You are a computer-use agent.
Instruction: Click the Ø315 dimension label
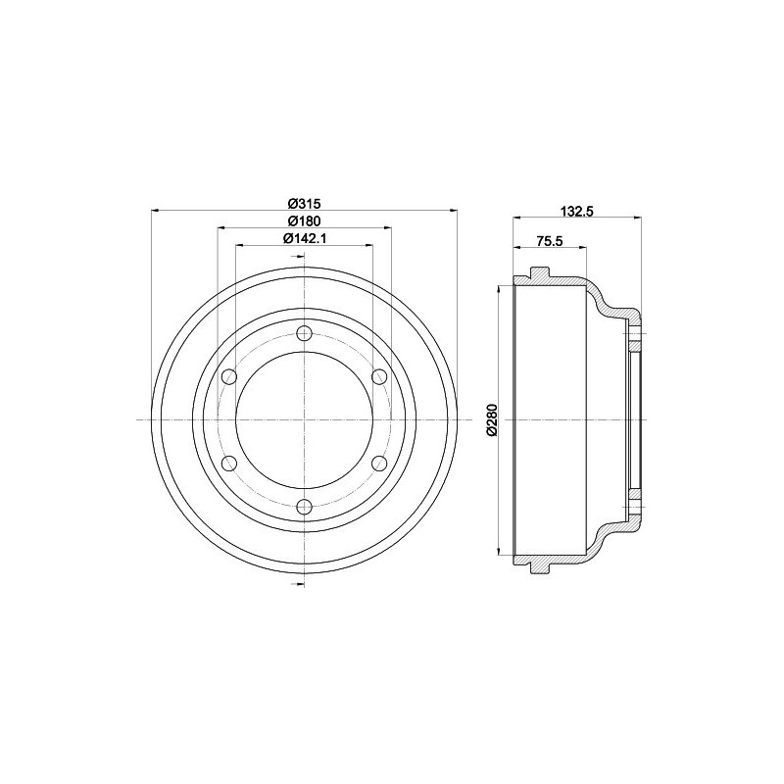coord(304,203)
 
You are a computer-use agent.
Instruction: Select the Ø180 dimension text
coord(305,220)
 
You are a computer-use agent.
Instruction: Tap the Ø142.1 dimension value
coord(305,238)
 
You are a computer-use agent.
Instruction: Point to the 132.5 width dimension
coord(576,211)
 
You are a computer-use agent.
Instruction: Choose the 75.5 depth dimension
coord(550,240)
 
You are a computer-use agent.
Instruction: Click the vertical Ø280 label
coord(492,419)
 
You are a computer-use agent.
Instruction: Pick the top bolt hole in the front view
coord(304,333)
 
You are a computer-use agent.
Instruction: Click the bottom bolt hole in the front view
coord(304,507)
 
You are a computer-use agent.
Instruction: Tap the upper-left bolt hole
coord(228,376)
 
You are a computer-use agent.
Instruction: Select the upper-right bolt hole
coord(380,376)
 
